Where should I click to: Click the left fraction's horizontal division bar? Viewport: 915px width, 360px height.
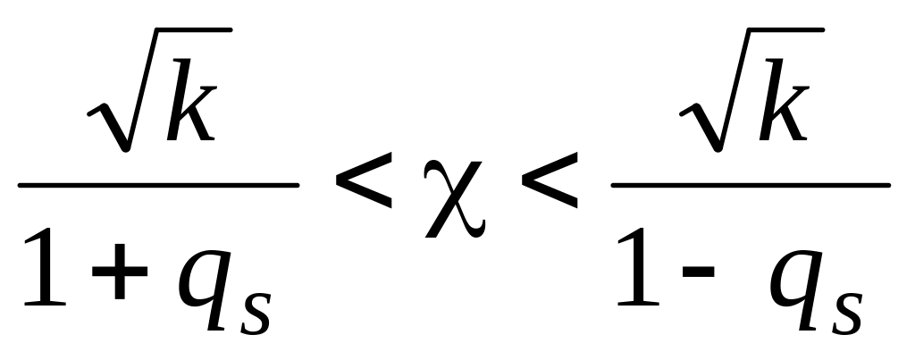[x=158, y=186]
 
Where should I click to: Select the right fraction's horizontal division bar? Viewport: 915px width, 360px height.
[x=750, y=186]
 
